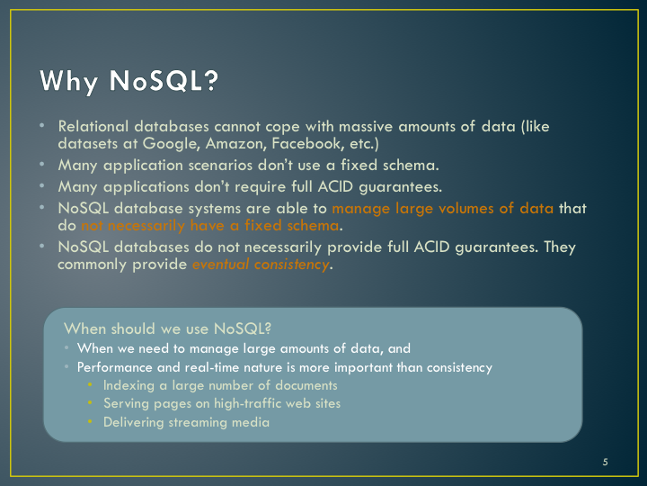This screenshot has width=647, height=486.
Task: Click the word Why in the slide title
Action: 69,81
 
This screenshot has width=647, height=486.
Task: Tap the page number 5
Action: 605,462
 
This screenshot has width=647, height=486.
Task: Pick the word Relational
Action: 93,126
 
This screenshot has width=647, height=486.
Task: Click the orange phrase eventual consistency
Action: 261,264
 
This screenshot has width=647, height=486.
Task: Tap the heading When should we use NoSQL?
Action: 167,328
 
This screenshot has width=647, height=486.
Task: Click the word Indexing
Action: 129,385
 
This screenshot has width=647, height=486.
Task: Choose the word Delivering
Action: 133,422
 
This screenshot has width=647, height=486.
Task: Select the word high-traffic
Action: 247,404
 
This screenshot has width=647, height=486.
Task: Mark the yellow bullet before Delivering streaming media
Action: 90,421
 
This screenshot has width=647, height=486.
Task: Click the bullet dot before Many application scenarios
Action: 41,164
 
